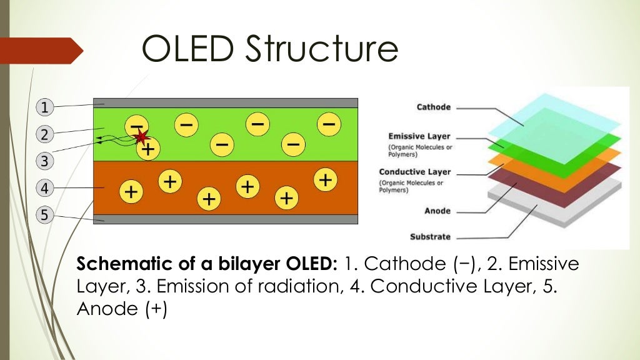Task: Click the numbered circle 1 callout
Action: click(x=44, y=107)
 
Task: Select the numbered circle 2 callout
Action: click(x=44, y=134)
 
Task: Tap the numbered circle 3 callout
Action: click(x=44, y=161)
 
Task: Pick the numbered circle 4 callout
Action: click(x=44, y=187)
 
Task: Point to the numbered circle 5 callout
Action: click(x=44, y=216)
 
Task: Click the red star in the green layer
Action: click(x=141, y=136)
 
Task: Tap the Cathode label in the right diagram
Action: click(x=433, y=107)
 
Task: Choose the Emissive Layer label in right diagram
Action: click(x=419, y=136)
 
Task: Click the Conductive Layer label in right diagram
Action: click(x=414, y=172)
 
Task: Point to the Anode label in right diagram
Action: click(x=437, y=211)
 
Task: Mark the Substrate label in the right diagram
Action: click(x=430, y=237)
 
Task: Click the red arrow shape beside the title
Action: click(x=41, y=51)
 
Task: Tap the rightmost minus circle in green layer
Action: click(x=328, y=124)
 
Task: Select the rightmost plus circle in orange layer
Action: click(x=324, y=180)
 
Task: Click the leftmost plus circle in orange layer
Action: click(x=131, y=191)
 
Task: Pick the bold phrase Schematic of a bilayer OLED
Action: click(x=207, y=264)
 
